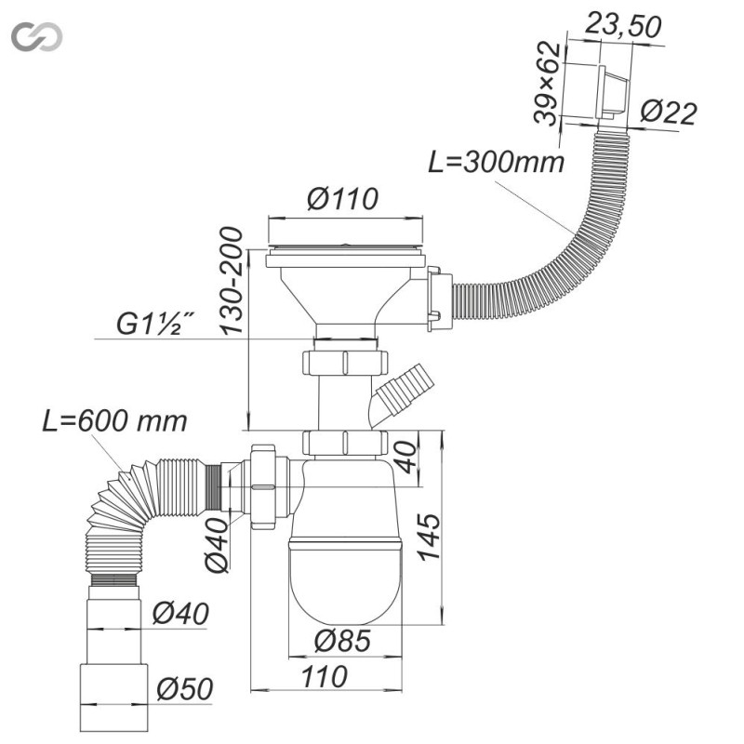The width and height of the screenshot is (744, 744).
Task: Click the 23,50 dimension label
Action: coord(622,26)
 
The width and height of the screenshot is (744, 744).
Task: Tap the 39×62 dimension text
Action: coord(547,84)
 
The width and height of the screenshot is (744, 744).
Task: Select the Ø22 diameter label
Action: coord(669,113)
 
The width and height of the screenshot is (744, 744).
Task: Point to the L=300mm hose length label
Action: coord(497,161)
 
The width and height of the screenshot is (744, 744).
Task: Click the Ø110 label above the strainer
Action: coord(342,198)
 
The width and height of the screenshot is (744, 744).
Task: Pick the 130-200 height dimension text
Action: coord(232,281)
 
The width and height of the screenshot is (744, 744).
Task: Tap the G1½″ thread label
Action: coord(154,324)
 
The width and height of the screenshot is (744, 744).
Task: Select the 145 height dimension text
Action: coord(430,537)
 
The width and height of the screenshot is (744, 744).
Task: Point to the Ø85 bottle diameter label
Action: coord(342,641)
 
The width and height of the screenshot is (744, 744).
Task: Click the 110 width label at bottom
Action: coord(324,677)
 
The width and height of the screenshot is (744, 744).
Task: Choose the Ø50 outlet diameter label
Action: coord(184,688)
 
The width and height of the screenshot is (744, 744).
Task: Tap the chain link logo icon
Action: coord(37,36)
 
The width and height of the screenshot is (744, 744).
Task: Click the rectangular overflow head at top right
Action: coord(613,93)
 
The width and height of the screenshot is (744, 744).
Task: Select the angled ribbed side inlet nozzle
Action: coord(402,391)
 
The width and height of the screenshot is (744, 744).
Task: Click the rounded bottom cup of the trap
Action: coord(345,582)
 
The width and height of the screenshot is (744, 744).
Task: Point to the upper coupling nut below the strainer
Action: coord(345,362)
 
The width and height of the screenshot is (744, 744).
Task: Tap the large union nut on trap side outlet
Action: coord(263,486)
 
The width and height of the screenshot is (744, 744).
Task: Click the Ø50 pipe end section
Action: coord(113,698)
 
